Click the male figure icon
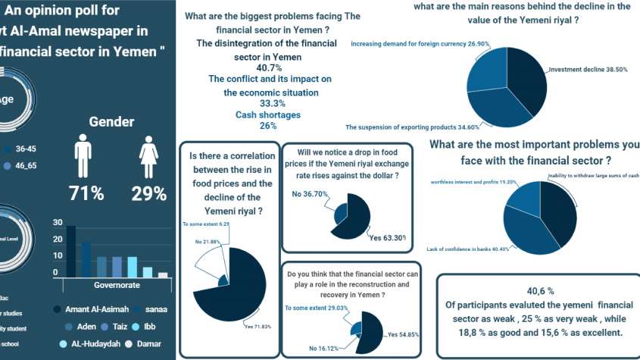click(x=83, y=157)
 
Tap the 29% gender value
click(x=149, y=193)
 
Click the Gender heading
click(x=112, y=121)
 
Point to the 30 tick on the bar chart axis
click(x=56, y=223)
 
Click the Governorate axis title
click(x=116, y=286)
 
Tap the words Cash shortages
click(x=266, y=114)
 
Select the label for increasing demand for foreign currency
click(x=407, y=44)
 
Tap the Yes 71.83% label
click(x=257, y=327)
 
